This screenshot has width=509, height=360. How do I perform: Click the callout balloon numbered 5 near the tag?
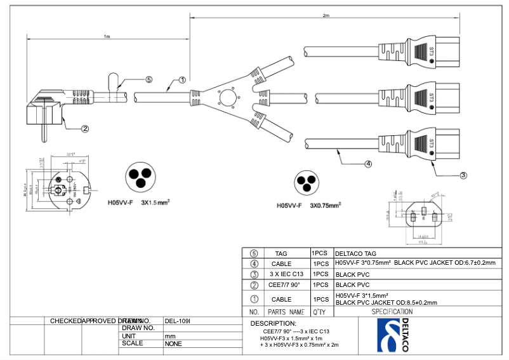coord(149,80)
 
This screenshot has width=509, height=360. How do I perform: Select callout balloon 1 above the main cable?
coord(182,81)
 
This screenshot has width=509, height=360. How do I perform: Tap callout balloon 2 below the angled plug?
coord(85,128)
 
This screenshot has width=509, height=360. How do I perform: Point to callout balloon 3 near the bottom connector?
coord(463,175)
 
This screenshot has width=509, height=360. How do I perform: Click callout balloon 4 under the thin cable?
coord(368,164)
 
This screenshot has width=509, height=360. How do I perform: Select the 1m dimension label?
coord(107,37)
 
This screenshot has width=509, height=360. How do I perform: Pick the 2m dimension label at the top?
coord(326,15)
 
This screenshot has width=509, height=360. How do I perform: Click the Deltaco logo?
coord(393,335)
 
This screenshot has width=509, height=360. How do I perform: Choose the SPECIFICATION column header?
coord(392,312)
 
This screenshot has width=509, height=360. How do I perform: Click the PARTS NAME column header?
coord(286,312)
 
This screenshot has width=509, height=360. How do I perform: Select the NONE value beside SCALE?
coord(173,343)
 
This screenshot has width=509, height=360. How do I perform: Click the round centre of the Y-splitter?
coord(227,99)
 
